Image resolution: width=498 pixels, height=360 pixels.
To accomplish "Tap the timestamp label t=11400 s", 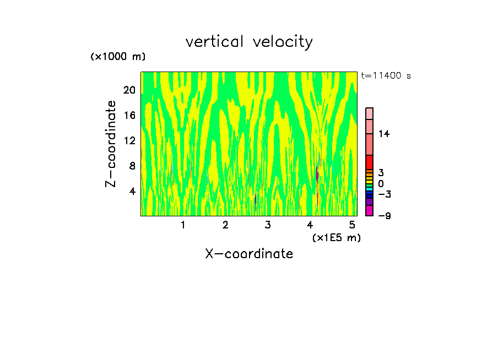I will tap(386, 76).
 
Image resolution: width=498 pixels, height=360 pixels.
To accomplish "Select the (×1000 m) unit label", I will tap(118, 57).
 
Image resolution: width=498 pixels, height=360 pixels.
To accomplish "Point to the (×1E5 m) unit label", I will tap(336, 237).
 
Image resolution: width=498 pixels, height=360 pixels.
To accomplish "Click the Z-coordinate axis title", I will tap(111, 144).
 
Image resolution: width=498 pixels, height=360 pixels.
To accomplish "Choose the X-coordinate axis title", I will tap(249, 254).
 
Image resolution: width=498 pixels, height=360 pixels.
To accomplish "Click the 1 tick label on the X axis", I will tap(183, 225).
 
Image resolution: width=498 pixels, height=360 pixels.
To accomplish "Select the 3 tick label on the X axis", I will tap(268, 225).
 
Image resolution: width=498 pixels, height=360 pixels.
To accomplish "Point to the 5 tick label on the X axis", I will tap(352, 225).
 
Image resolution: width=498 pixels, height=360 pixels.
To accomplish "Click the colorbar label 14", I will tap(384, 134).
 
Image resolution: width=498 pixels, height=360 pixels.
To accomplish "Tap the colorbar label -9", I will tap(384, 216).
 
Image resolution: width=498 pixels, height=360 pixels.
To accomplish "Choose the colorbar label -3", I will tap(384, 194).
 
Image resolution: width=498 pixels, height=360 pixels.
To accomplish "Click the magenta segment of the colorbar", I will tap(370, 210).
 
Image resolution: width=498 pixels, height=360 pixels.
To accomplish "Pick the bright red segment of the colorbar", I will tap(370, 162).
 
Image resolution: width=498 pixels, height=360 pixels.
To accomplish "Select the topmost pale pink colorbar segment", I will tap(370, 113).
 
